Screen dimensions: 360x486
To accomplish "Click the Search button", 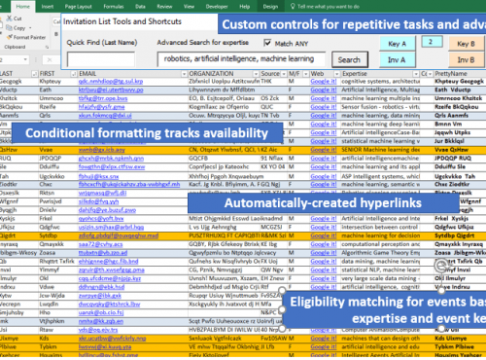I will coord(348,60).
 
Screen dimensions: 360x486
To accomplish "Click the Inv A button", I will coord(396,60).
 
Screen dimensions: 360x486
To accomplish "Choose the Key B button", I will coord(466,44).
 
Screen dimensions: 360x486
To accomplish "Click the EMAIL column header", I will coord(87,73).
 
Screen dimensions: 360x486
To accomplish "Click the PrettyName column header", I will coord(457,73).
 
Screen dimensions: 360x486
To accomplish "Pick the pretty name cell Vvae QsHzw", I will coord(457,149).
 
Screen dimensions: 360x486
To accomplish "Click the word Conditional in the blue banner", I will coord(62,132).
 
